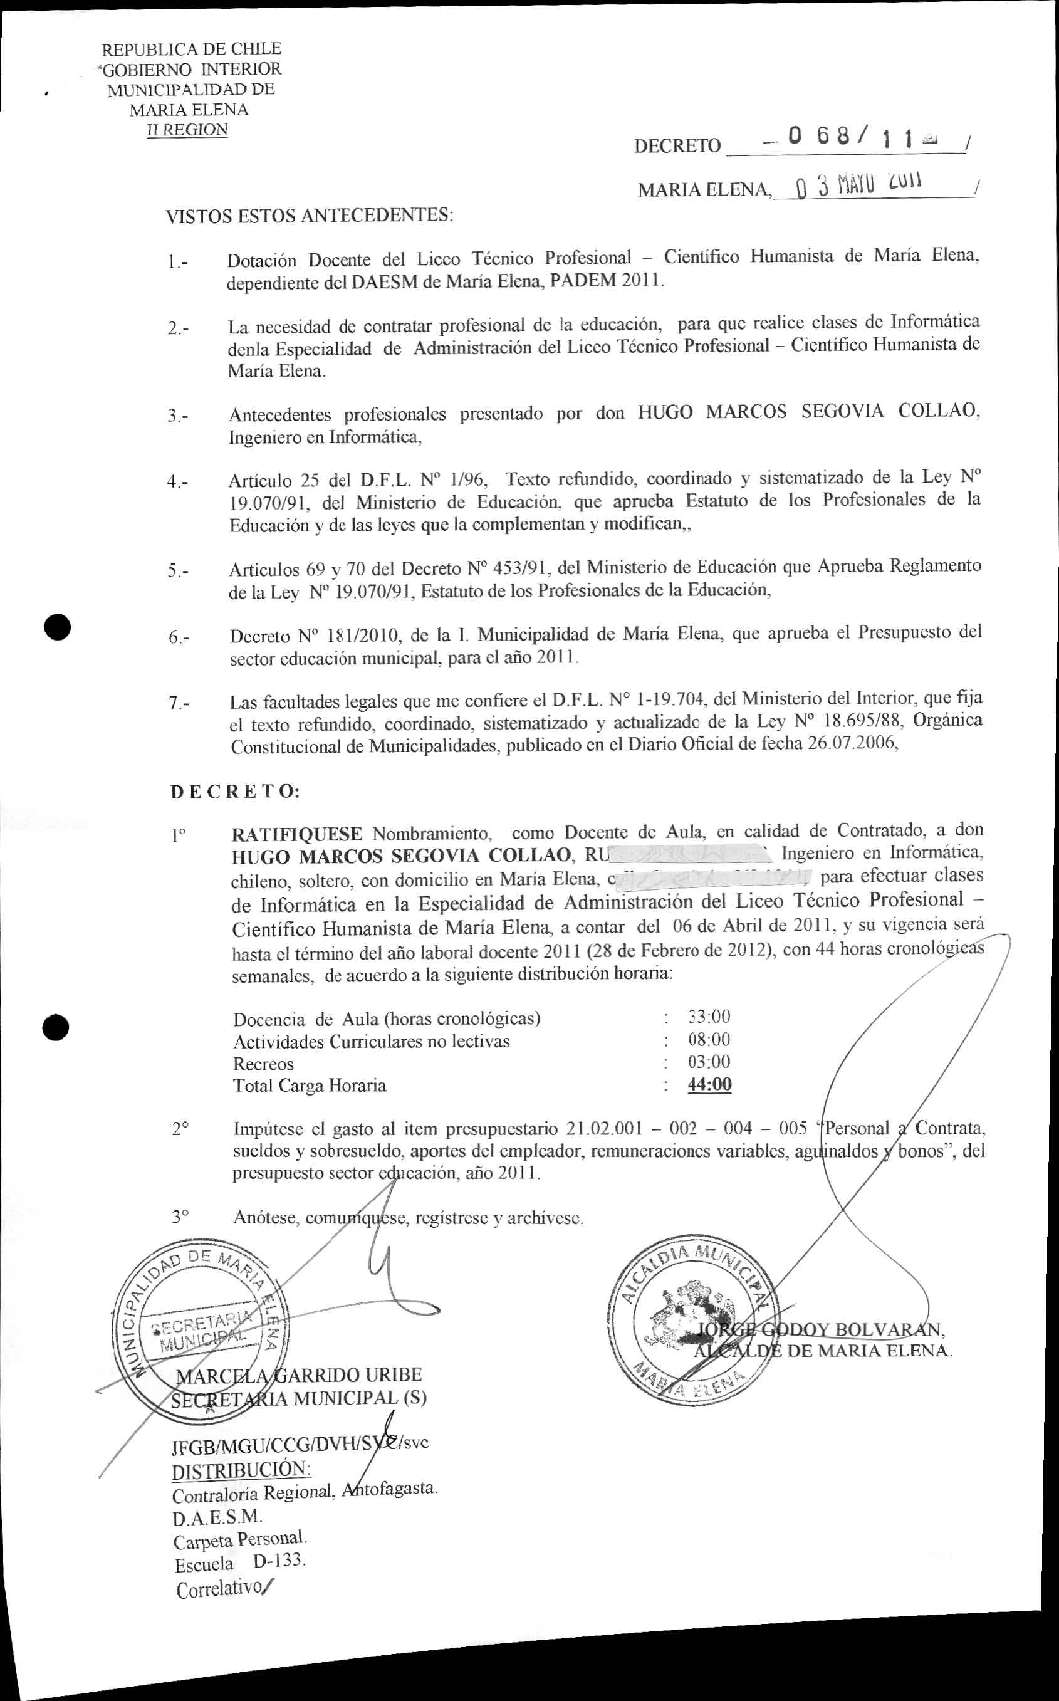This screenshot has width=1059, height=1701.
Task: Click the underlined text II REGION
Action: click(x=187, y=130)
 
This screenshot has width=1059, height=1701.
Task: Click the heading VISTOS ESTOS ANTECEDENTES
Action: click(x=309, y=216)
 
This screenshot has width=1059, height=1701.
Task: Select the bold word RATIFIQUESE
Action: click(x=296, y=834)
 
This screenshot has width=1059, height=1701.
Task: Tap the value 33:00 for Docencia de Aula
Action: click(x=709, y=1017)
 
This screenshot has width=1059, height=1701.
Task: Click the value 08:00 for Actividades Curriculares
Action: click(x=709, y=1039)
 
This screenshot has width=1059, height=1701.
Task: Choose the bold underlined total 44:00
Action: click(x=709, y=1084)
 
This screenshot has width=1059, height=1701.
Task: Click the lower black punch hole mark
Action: click(x=55, y=1027)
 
